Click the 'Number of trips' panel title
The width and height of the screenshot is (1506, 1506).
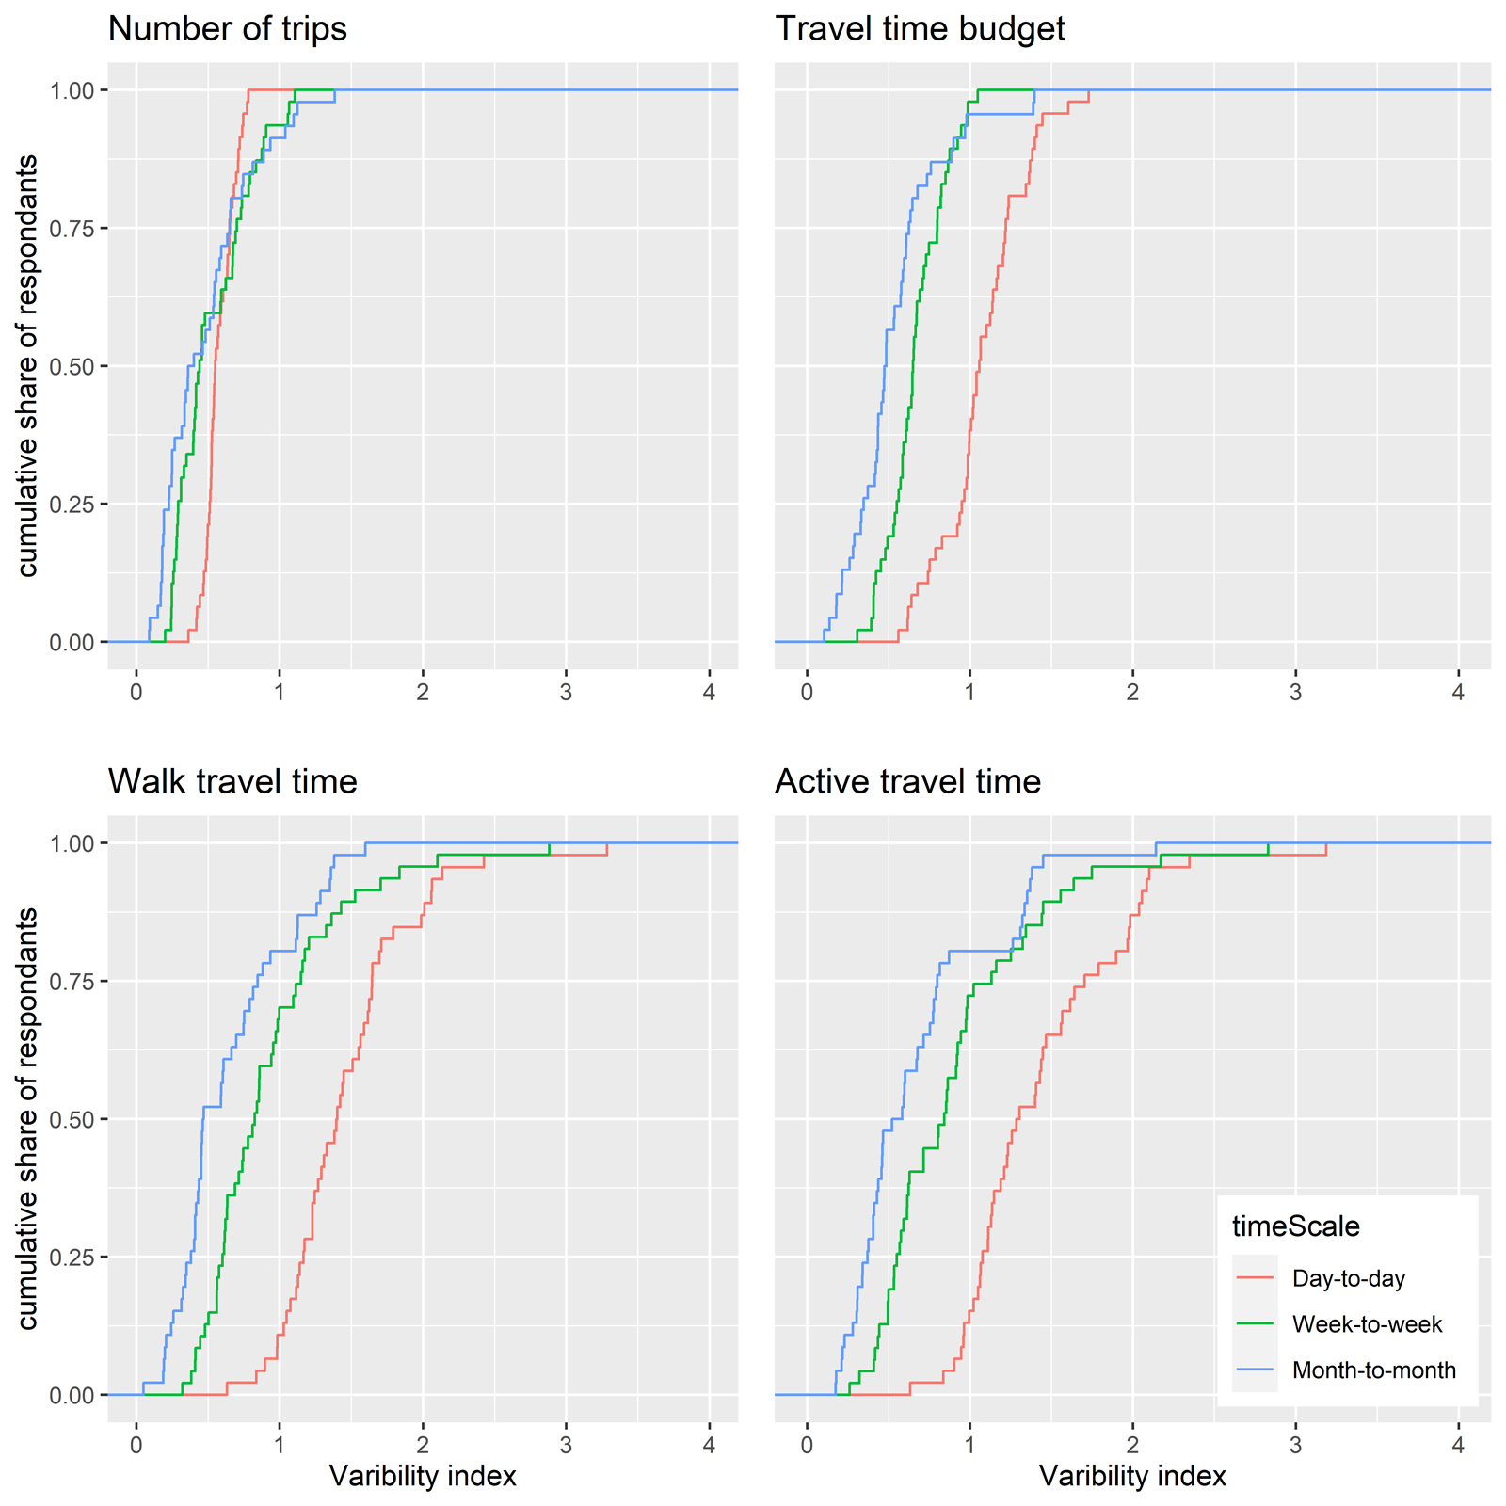[x=227, y=29]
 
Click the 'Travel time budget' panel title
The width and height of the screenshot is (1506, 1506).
[x=920, y=29]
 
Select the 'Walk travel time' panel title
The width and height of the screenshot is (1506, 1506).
[x=232, y=782]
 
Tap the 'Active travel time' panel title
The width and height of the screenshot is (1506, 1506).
[x=907, y=782]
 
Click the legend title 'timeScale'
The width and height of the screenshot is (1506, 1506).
[x=1296, y=1226]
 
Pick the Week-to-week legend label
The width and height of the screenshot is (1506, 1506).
[x=1367, y=1324]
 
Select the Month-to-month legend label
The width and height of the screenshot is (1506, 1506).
[x=1373, y=1370]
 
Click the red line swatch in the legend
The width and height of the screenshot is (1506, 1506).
[x=1255, y=1279]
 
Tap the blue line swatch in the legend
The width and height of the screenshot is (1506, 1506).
[x=1255, y=1370]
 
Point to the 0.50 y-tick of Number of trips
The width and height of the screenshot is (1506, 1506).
[x=72, y=366]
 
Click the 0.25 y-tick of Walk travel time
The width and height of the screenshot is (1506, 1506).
[x=72, y=1258]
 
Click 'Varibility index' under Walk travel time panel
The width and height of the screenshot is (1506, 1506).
[x=423, y=1476]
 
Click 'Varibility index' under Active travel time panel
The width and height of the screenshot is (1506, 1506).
[x=1132, y=1476]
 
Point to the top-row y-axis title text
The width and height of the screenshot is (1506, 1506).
[x=28, y=366]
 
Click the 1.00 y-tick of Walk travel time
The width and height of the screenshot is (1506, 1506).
[x=72, y=843]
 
